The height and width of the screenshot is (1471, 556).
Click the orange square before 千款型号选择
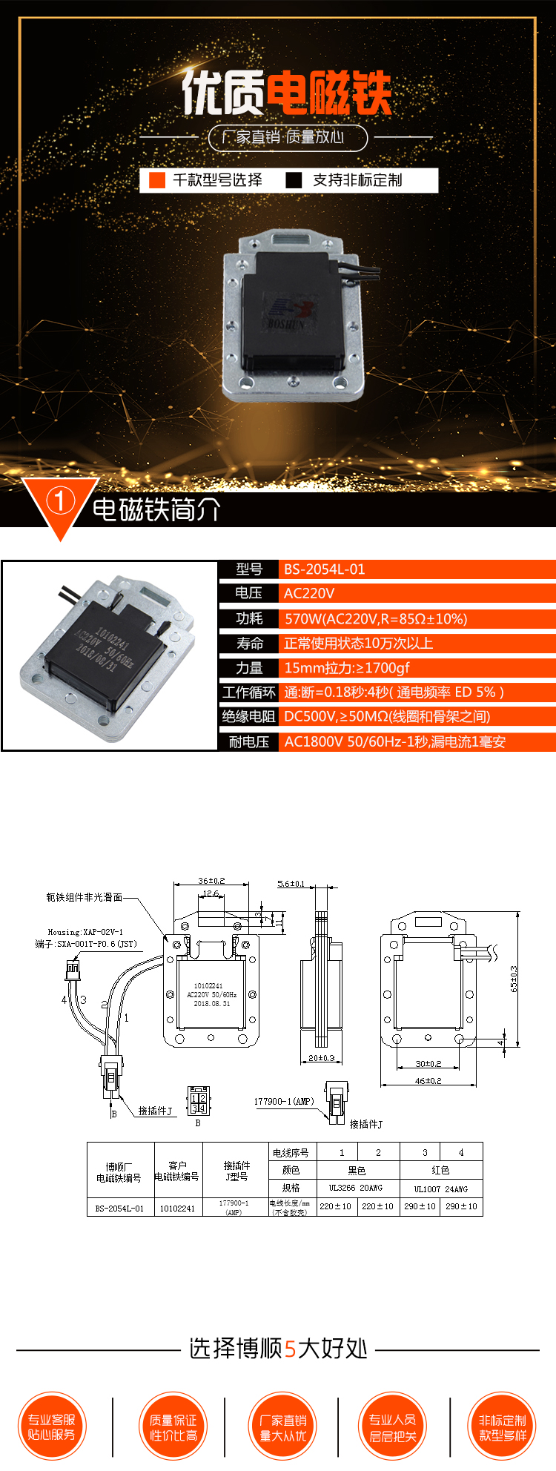(157, 180)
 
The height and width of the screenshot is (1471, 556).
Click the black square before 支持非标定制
(294, 180)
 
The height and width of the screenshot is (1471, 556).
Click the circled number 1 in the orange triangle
(60, 501)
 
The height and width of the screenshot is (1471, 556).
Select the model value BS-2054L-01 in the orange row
(325, 569)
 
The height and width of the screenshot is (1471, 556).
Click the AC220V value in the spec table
(309, 593)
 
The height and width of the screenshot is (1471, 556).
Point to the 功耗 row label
(249, 618)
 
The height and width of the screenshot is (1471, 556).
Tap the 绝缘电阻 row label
(249, 716)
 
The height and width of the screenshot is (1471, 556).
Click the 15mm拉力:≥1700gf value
(347, 668)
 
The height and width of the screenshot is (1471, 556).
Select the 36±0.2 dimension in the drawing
(211, 881)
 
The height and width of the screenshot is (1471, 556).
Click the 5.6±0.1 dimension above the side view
(291, 884)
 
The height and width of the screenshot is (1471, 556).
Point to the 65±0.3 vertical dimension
(514, 979)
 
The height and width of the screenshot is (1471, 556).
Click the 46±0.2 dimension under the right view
(428, 1080)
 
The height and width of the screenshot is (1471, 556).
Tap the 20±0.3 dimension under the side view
(322, 1058)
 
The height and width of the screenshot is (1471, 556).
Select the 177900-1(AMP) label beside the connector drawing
(284, 1101)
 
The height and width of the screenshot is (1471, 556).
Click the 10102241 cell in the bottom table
(177, 1208)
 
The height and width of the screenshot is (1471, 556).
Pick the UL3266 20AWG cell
(356, 1188)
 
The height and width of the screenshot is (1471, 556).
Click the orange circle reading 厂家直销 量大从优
(282, 1427)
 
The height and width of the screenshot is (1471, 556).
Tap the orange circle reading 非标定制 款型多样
(502, 1427)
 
